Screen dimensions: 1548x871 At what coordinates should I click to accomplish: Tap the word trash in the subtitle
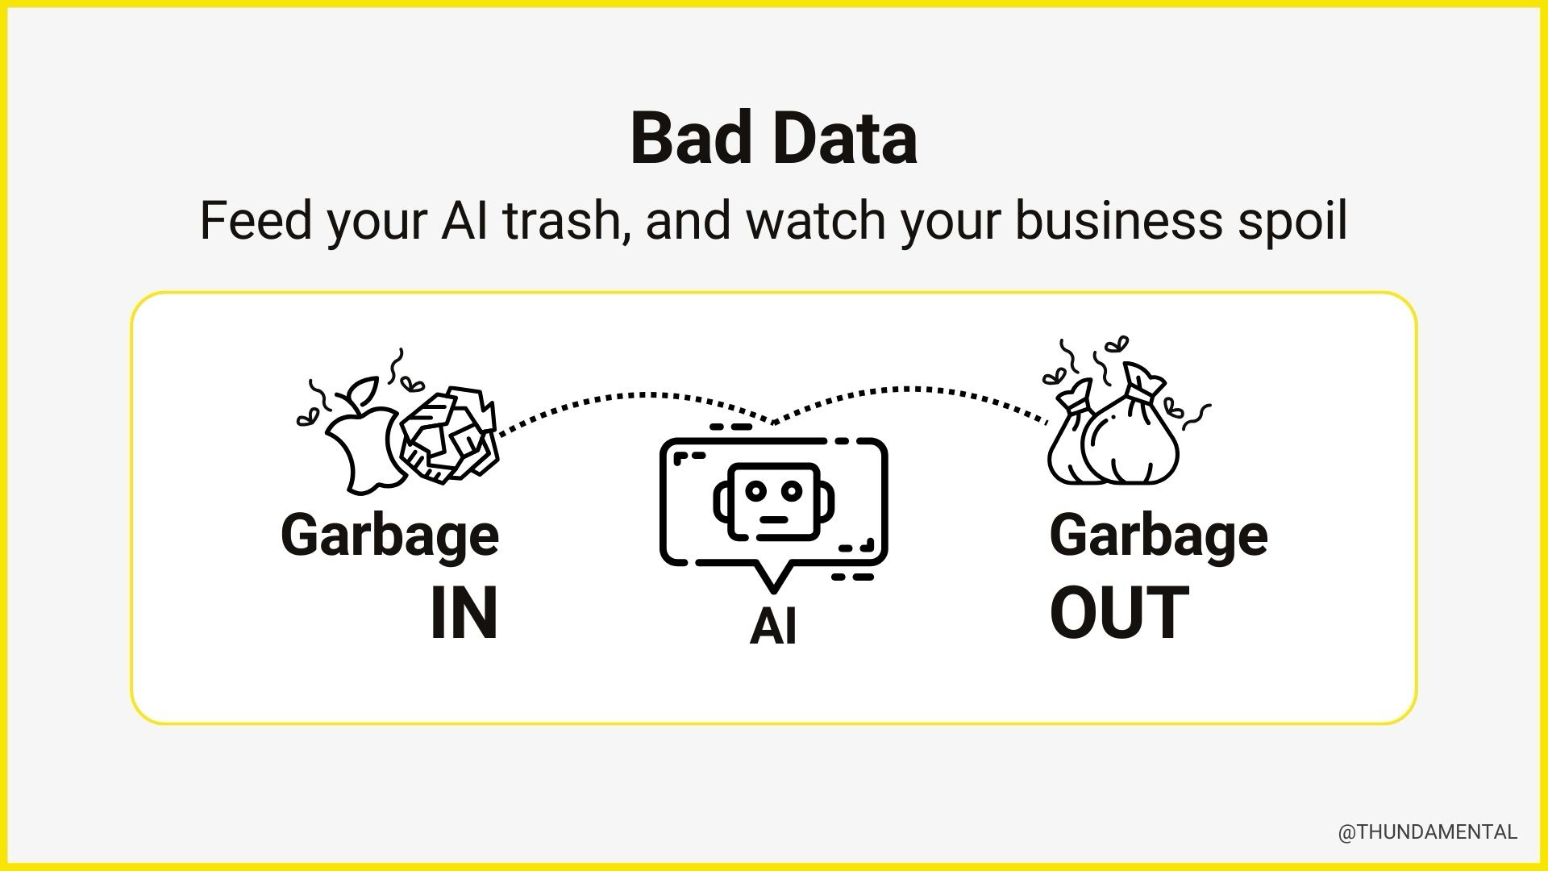(561, 220)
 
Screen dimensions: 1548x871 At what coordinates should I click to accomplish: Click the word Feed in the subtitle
(256, 220)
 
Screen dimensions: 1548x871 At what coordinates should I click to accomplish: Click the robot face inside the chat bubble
(772, 502)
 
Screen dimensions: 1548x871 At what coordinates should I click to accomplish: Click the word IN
(464, 614)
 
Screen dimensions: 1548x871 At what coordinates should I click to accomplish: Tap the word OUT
(1119, 614)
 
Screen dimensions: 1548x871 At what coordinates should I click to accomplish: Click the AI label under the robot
(772, 627)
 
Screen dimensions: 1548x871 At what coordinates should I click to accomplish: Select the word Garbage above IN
(390, 536)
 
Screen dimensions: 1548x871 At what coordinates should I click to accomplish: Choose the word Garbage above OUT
(1159, 536)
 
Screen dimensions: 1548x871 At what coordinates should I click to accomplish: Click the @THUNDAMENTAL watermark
(1427, 832)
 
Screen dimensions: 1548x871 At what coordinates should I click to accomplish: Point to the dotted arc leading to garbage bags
(911, 390)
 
